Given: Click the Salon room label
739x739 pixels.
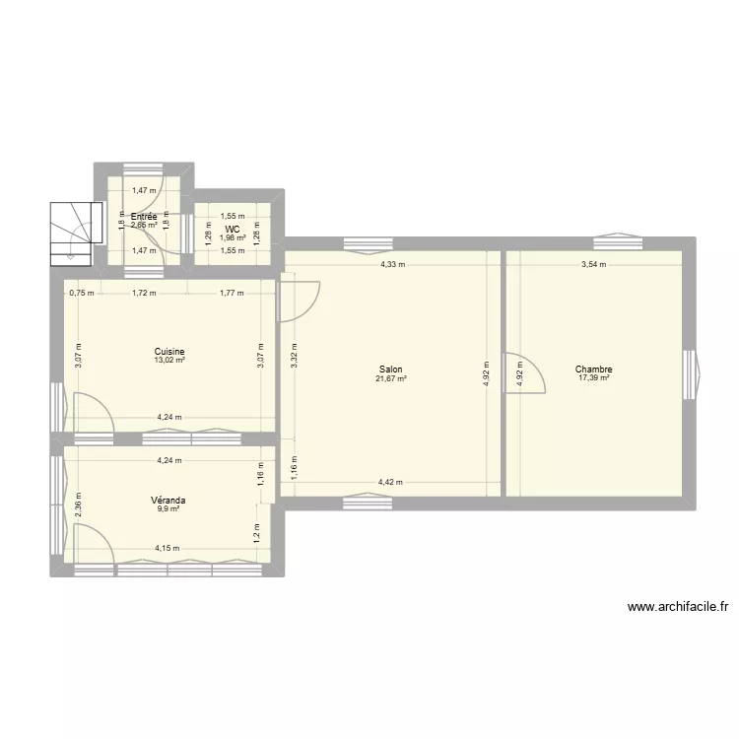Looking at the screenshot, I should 389,369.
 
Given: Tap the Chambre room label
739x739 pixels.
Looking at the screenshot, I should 594,369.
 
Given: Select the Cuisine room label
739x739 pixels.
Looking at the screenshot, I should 169,352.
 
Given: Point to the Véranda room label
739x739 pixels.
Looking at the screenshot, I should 169,501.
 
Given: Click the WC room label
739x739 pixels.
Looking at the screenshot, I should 233,229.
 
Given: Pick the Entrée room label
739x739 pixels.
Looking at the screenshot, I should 144,217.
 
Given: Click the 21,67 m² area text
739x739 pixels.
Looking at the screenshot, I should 389,378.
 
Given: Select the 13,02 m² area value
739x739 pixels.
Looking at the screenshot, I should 169,361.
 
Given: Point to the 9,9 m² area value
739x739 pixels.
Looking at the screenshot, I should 169,509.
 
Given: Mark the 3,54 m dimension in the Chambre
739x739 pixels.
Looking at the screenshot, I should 593,264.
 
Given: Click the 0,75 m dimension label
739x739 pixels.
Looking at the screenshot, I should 82,293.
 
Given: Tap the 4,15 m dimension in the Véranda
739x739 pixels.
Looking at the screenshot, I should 168,549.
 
